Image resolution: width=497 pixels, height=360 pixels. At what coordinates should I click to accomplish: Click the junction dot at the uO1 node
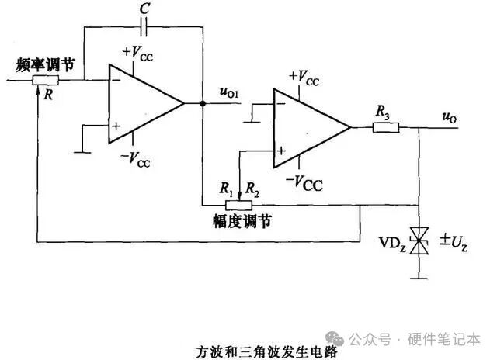tap(202, 103)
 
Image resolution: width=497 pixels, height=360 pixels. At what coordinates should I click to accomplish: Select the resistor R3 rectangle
tap(385, 127)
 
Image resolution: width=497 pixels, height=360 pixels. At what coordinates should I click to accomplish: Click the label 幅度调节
tap(242, 221)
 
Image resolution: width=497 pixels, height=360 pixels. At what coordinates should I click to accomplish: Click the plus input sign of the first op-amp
tap(116, 126)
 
